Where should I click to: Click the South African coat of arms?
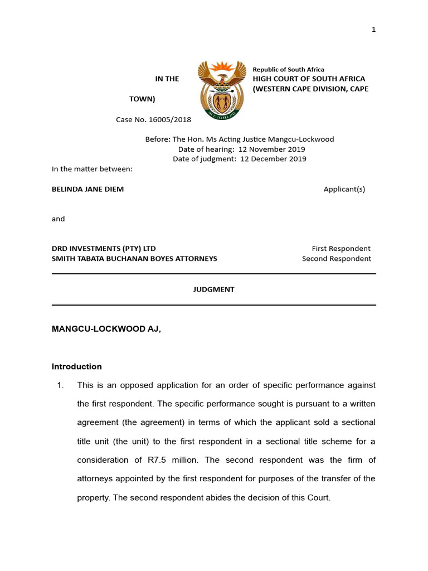point(222,90)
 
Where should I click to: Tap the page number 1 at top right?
point(374,30)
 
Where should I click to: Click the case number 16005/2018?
point(153,119)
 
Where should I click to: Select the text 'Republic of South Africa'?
point(288,70)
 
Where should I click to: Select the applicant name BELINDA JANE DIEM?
point(87,189)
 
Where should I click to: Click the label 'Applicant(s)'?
point(344,189)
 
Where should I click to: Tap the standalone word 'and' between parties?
point(58,219)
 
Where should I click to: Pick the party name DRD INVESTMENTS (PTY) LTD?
point(104,249)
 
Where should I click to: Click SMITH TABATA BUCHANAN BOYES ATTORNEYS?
point(134,259)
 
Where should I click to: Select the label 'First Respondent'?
point(341,249)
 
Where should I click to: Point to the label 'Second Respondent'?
point(336,259)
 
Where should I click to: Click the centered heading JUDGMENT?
point(213,289)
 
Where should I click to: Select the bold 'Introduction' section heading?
point(76,366)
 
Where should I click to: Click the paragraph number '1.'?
point(61,385)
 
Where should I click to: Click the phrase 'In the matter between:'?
point(92,168)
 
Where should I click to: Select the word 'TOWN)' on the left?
point(142,99)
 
